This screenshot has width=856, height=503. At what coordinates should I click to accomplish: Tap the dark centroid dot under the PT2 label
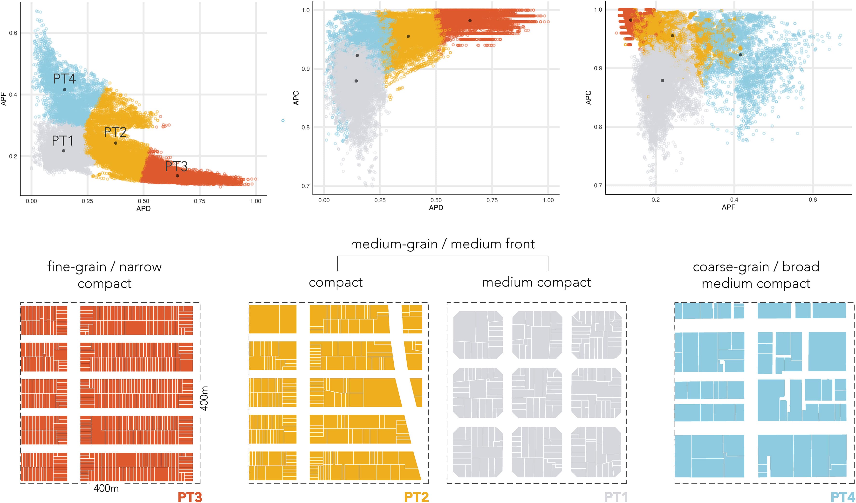click(116, 143)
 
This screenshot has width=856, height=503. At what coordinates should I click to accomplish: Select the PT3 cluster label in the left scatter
click(176, 166)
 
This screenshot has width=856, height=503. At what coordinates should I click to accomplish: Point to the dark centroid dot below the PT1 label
click(63, 151)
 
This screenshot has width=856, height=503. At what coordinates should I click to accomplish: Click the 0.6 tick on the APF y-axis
click(13, 33)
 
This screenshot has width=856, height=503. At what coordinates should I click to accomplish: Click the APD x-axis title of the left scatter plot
click(143, 209)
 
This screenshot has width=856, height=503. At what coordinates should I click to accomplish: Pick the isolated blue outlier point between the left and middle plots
click(283, 121)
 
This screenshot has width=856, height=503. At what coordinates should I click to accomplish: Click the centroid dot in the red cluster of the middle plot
click(470, 21)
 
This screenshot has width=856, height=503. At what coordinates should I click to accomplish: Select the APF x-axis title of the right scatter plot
click(728, 207)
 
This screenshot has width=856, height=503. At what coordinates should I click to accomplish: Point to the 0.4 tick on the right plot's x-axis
click(734, 200)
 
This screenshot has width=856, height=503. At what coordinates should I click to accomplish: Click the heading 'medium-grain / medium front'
click(442, 244)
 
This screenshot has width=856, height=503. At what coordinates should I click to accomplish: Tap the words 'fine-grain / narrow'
click(104, 267)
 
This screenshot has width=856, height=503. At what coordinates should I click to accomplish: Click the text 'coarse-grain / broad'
click(756, 267)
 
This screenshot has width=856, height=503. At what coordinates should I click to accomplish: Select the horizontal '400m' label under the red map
click(106, 488)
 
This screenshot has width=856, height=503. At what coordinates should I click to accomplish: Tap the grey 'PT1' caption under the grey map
click(616, 497)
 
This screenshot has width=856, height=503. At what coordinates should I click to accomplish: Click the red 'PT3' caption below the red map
click(190, 497)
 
